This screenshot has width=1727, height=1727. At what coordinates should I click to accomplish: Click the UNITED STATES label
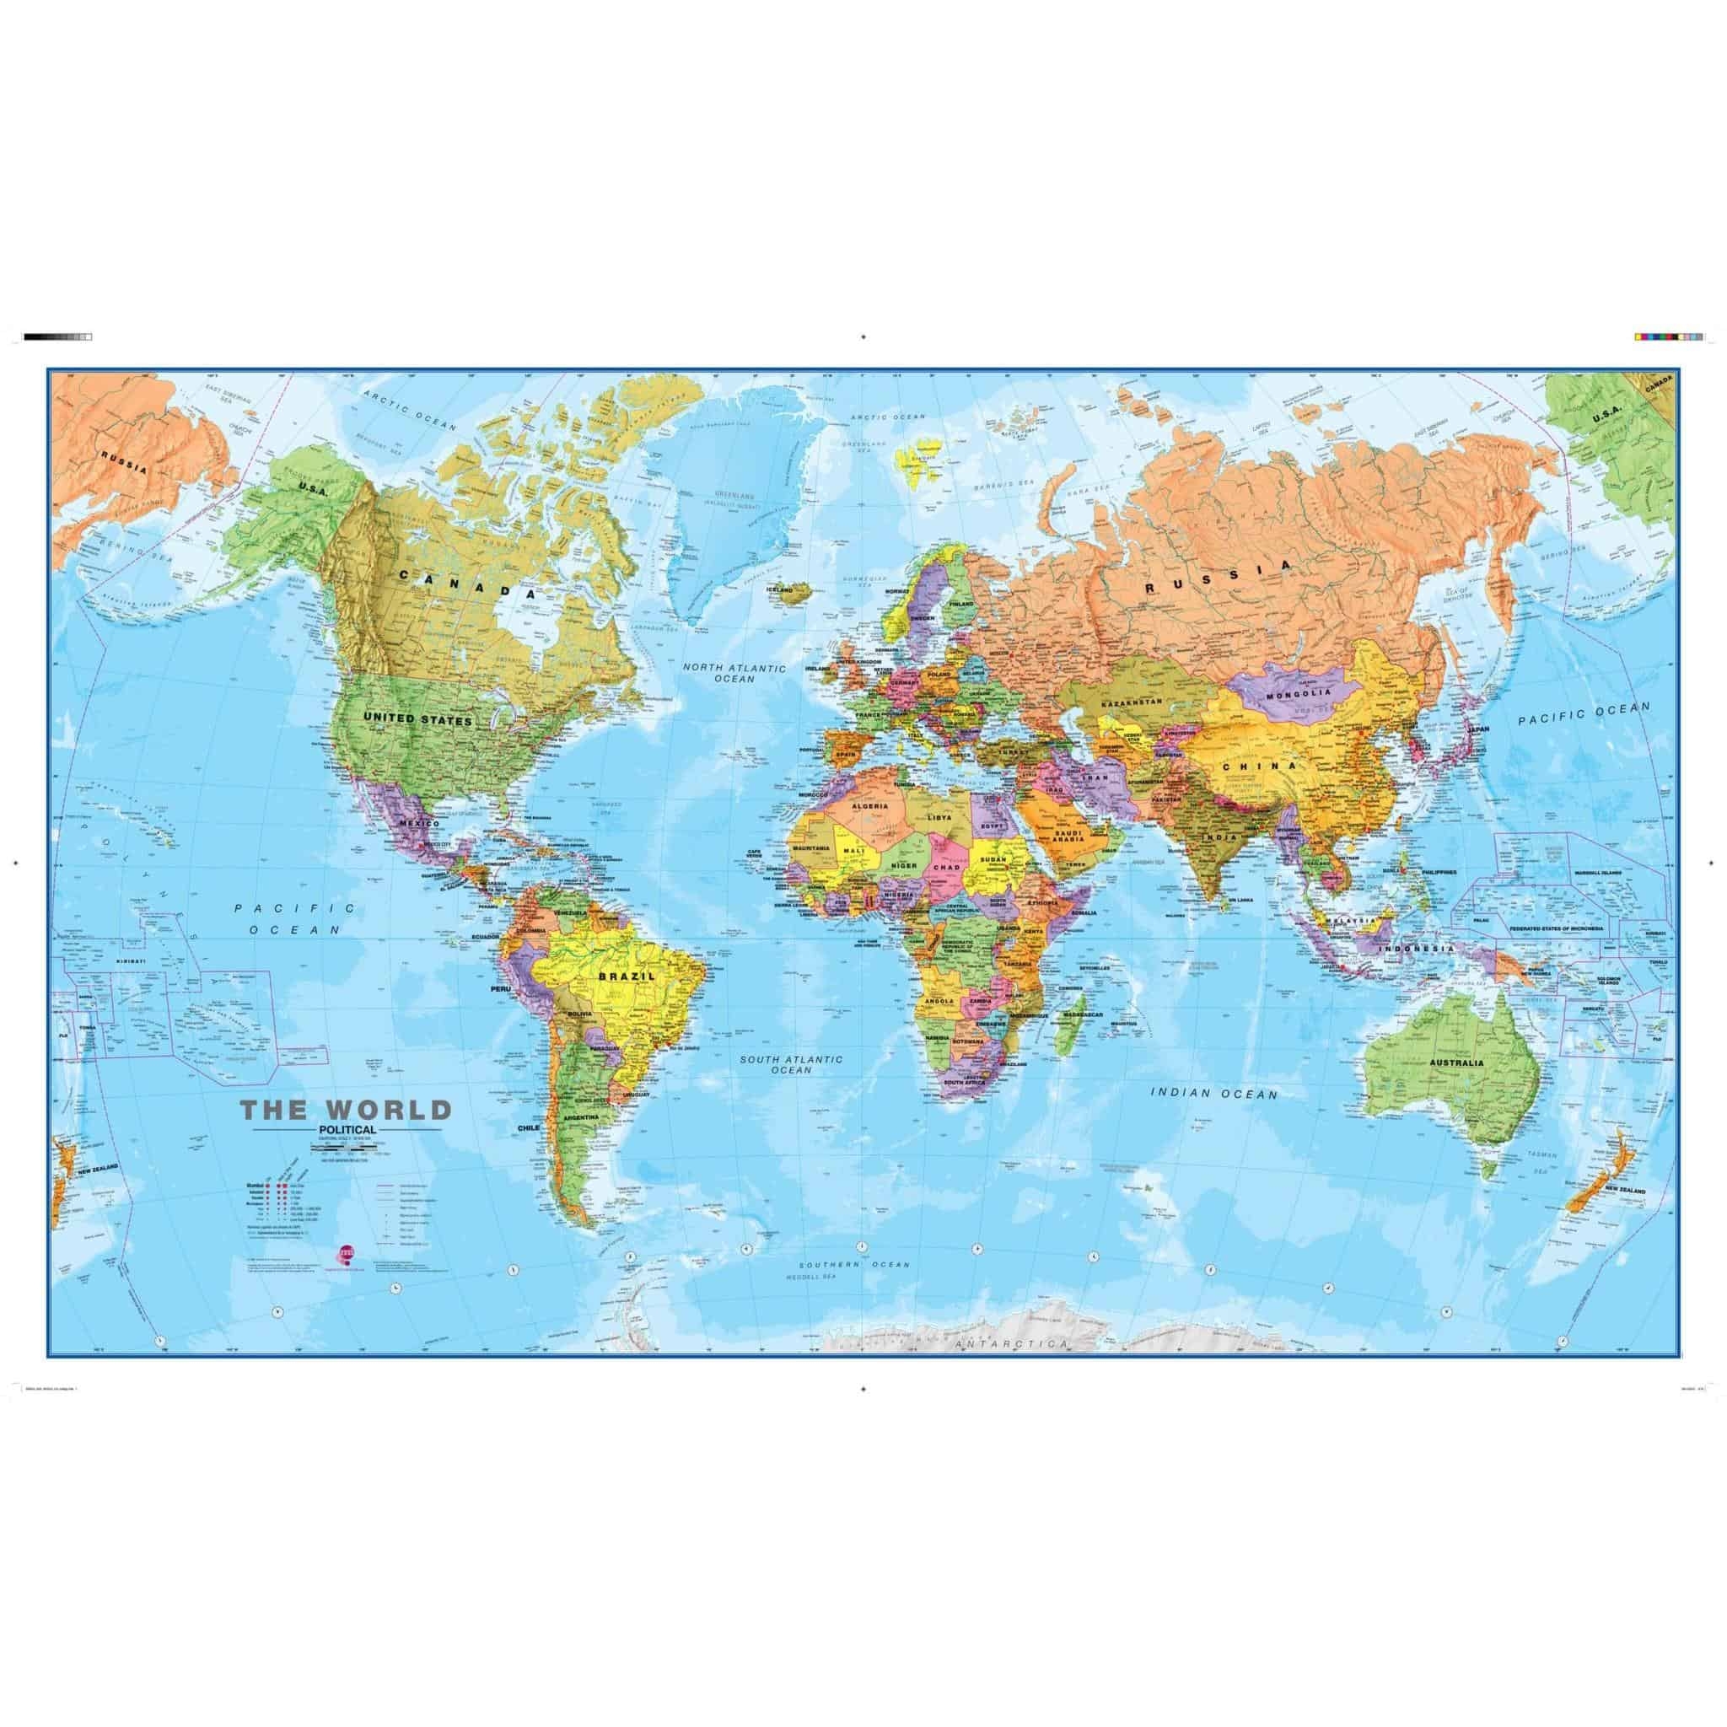pos(417,693)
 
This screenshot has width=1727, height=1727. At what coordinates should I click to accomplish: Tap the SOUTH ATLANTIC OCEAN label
pos(791,1063)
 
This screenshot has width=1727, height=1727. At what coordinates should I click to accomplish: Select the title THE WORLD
pos(345,1111)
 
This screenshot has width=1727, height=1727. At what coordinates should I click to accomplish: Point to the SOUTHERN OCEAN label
pos(854,1264)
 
